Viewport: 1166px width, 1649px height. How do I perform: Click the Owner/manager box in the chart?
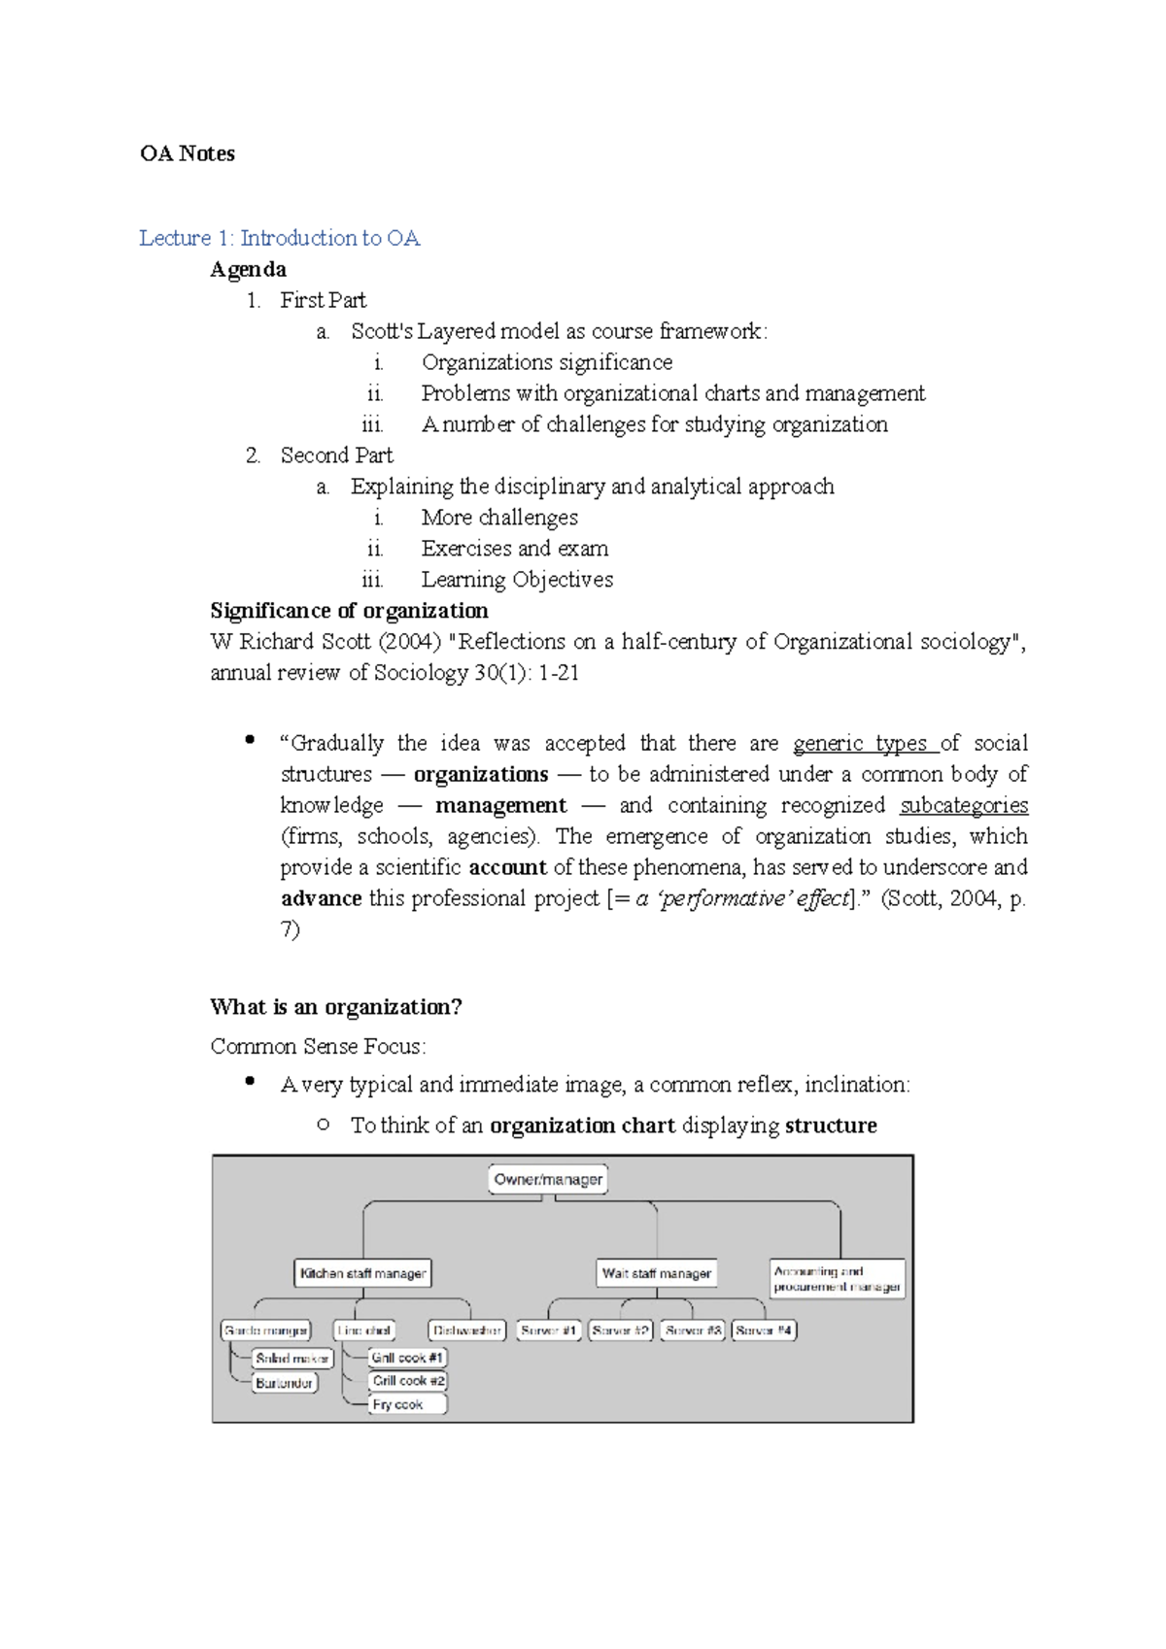(x=548, y=1180)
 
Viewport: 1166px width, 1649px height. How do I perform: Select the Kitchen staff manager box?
(x=362, y=1273)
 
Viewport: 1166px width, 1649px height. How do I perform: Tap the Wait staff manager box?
(x=657, y=1273)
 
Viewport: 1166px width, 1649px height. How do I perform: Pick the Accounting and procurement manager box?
(x=837, y=1279)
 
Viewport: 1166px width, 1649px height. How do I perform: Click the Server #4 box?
(x=764, y=1330)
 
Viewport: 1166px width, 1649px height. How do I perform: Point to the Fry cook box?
(x=407, y=1404)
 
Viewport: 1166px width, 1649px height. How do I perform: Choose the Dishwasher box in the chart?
(x=466, y=1330)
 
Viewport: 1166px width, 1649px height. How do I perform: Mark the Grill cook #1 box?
(x=407, y=1358)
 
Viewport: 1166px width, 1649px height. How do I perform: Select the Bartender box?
(x=285, y=1383)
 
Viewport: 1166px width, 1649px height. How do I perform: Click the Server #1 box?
(x=549, y=1330)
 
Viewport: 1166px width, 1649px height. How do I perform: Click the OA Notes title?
(x=188, y=153)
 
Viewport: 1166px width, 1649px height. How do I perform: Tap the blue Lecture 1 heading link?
(x=279, y=238)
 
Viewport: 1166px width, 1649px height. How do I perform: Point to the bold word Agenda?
(x=248, y=269)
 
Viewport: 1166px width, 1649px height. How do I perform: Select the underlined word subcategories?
(x=963, y=805)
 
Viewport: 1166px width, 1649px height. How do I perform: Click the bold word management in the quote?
(x=500, y=805)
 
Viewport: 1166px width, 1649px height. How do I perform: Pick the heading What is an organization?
(x=336, y=1007)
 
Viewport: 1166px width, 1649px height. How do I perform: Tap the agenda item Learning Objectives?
(x=517, y=580)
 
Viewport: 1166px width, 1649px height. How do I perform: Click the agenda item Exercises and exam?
(x=515, y=549)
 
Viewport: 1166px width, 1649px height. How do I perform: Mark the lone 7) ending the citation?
(x=291, y=929)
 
